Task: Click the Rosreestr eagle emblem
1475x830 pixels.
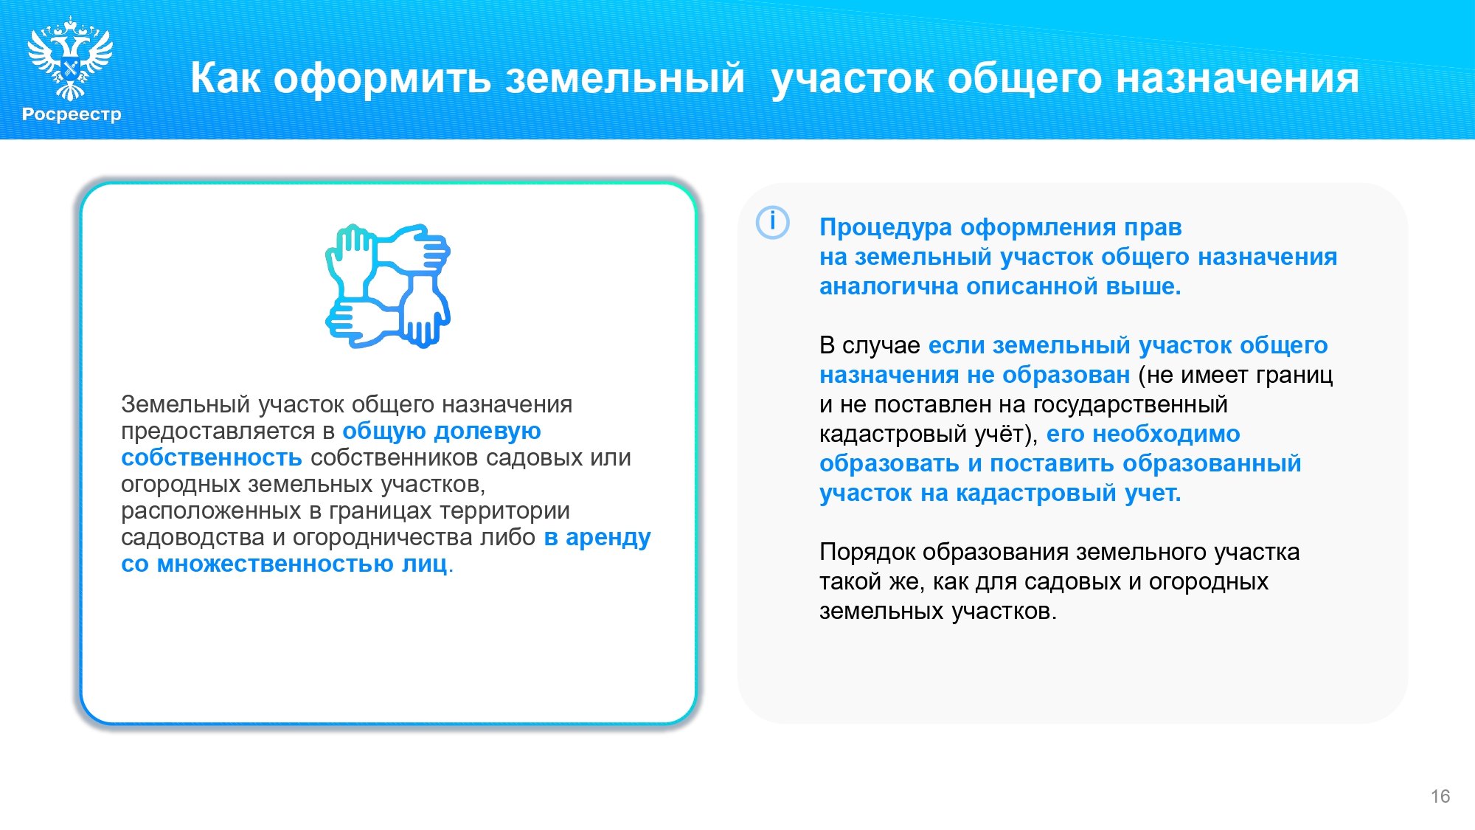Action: tap(70, 59)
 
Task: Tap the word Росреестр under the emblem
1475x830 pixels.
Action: tap(72, 114)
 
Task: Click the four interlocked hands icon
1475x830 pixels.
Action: tap(388, 286)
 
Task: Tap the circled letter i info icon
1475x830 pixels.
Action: tap(773, 222)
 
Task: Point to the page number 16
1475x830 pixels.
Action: tap(1440, 796)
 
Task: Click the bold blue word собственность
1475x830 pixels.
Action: tap(212, 457)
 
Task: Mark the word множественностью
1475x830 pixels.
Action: tap(275, 564)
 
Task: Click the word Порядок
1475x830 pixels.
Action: tap(867, 553)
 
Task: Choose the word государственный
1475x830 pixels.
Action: tap(1130, 405)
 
